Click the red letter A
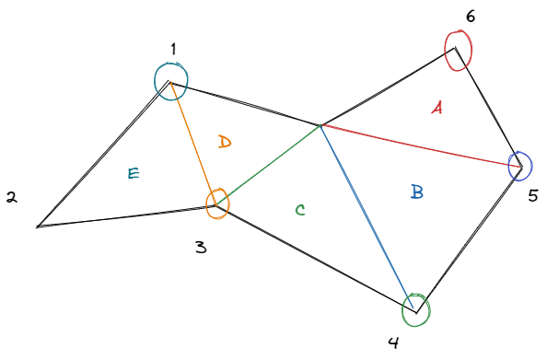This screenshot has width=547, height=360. coord(436,109)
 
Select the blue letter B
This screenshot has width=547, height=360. coord(416,192)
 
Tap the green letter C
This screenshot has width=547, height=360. coord(300,210)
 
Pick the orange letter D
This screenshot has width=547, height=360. coord(225,142)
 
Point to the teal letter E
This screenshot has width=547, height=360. coord(134,172)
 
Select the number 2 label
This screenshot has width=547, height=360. coord(11,197)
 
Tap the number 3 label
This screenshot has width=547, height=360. coord(201,248)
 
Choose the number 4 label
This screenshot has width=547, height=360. coord(393,343)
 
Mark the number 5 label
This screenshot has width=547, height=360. coord(532,195)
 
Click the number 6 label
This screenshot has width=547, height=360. coord(471,16)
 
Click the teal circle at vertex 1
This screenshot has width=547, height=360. coord(171,80)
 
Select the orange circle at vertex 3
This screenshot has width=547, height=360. coord(217,203)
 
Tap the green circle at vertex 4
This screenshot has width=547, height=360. coord(416,308)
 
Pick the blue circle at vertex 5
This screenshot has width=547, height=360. coord(519,165)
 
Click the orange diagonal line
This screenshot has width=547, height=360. coord(193,143)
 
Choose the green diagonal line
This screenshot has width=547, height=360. coord(272,163)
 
